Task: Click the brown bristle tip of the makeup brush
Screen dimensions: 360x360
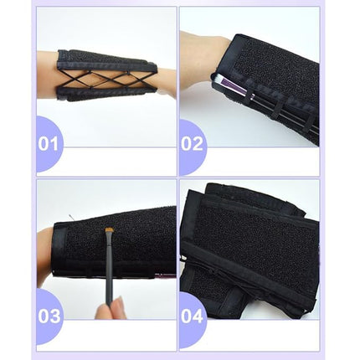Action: [x=109, y=232]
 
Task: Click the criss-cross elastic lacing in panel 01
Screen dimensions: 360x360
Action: [x=107, y=75]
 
